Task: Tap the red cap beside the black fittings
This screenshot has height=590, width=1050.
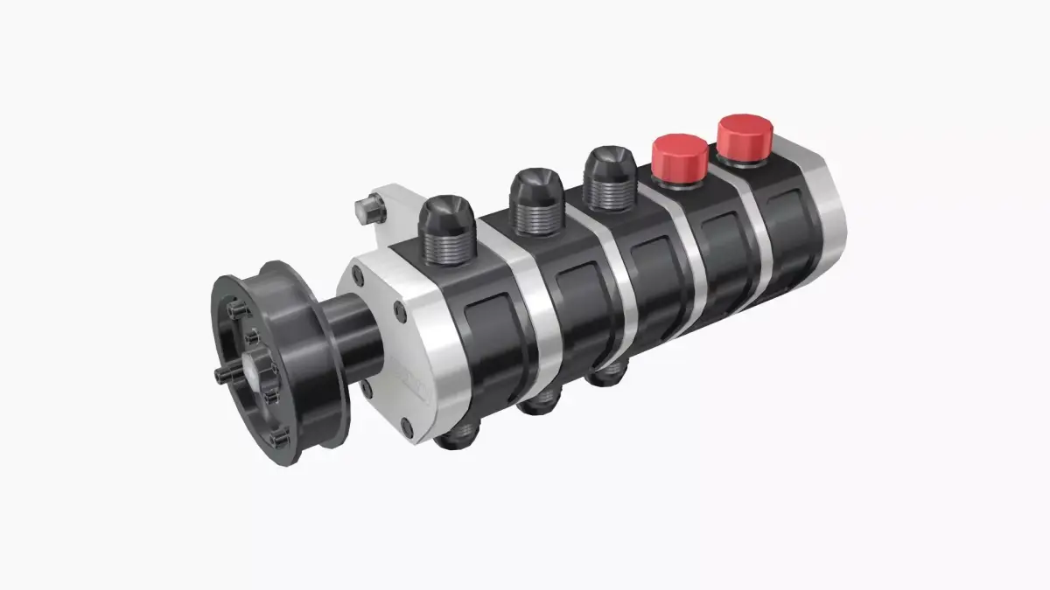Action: tap(679, 157)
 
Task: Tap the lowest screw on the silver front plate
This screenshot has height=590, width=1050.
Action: tap(405, 427)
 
